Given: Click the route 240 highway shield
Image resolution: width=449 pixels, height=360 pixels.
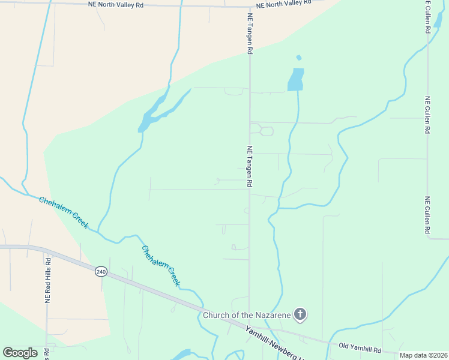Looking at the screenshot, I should (x=101, y=272).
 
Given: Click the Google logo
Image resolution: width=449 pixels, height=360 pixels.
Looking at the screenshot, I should (x=20, y=352).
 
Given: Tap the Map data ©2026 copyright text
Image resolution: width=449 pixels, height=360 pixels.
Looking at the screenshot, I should (x=423, y=355).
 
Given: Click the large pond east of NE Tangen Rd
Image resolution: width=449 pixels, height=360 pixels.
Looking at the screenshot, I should (x=295, y=79).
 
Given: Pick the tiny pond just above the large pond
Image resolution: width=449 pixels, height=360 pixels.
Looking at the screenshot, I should (x=298, y=58).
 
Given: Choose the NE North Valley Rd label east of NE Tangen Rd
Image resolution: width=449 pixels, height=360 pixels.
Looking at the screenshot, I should (x=285, y=4).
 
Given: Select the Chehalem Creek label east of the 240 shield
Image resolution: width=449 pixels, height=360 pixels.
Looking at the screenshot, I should (x=161, y=265).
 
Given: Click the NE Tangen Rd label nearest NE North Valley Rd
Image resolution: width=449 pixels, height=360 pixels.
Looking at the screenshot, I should (x=249, y=34).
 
